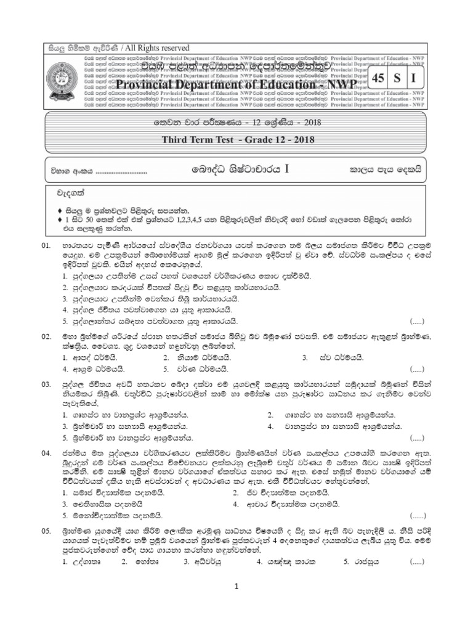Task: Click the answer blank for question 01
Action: point(417,322)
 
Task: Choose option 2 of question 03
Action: point(272,415)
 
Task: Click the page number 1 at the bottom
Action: point(236,587)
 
